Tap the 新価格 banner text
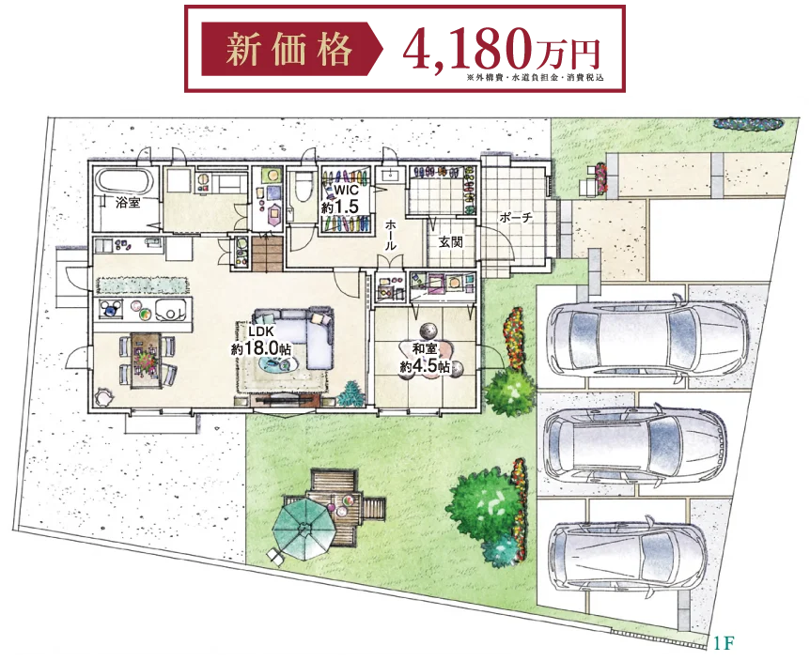point(288,50)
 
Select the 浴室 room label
point(128,202)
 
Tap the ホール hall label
point(391,235)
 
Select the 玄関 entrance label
point(450,241)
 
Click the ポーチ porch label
point(516,217)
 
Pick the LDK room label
point(261,331)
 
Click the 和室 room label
point(425,348)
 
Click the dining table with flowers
point(147,360)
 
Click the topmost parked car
point(648,339)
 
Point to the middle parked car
point(635,446)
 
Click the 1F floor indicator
point(724,643)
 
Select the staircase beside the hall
point(267,254)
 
